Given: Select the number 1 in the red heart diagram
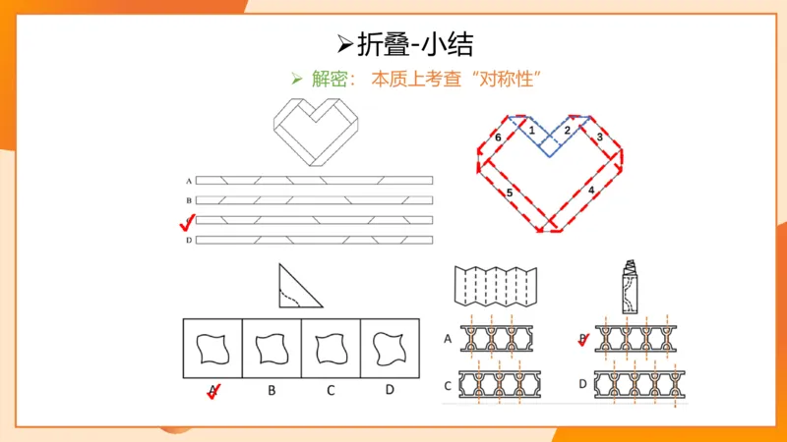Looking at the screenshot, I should (531, 130).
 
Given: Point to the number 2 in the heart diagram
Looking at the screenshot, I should (567, 130).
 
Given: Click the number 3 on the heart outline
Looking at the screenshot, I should (599, 138).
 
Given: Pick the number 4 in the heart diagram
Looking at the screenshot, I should (590, 188).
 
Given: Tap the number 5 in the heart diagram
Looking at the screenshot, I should (509, 193).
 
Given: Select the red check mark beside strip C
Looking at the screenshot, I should (187, 223).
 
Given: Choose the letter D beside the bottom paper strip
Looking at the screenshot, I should (187, 240).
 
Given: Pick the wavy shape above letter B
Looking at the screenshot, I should (271, 348).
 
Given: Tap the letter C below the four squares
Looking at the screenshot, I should (331, 390).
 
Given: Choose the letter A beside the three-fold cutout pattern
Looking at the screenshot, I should (449, 340).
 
